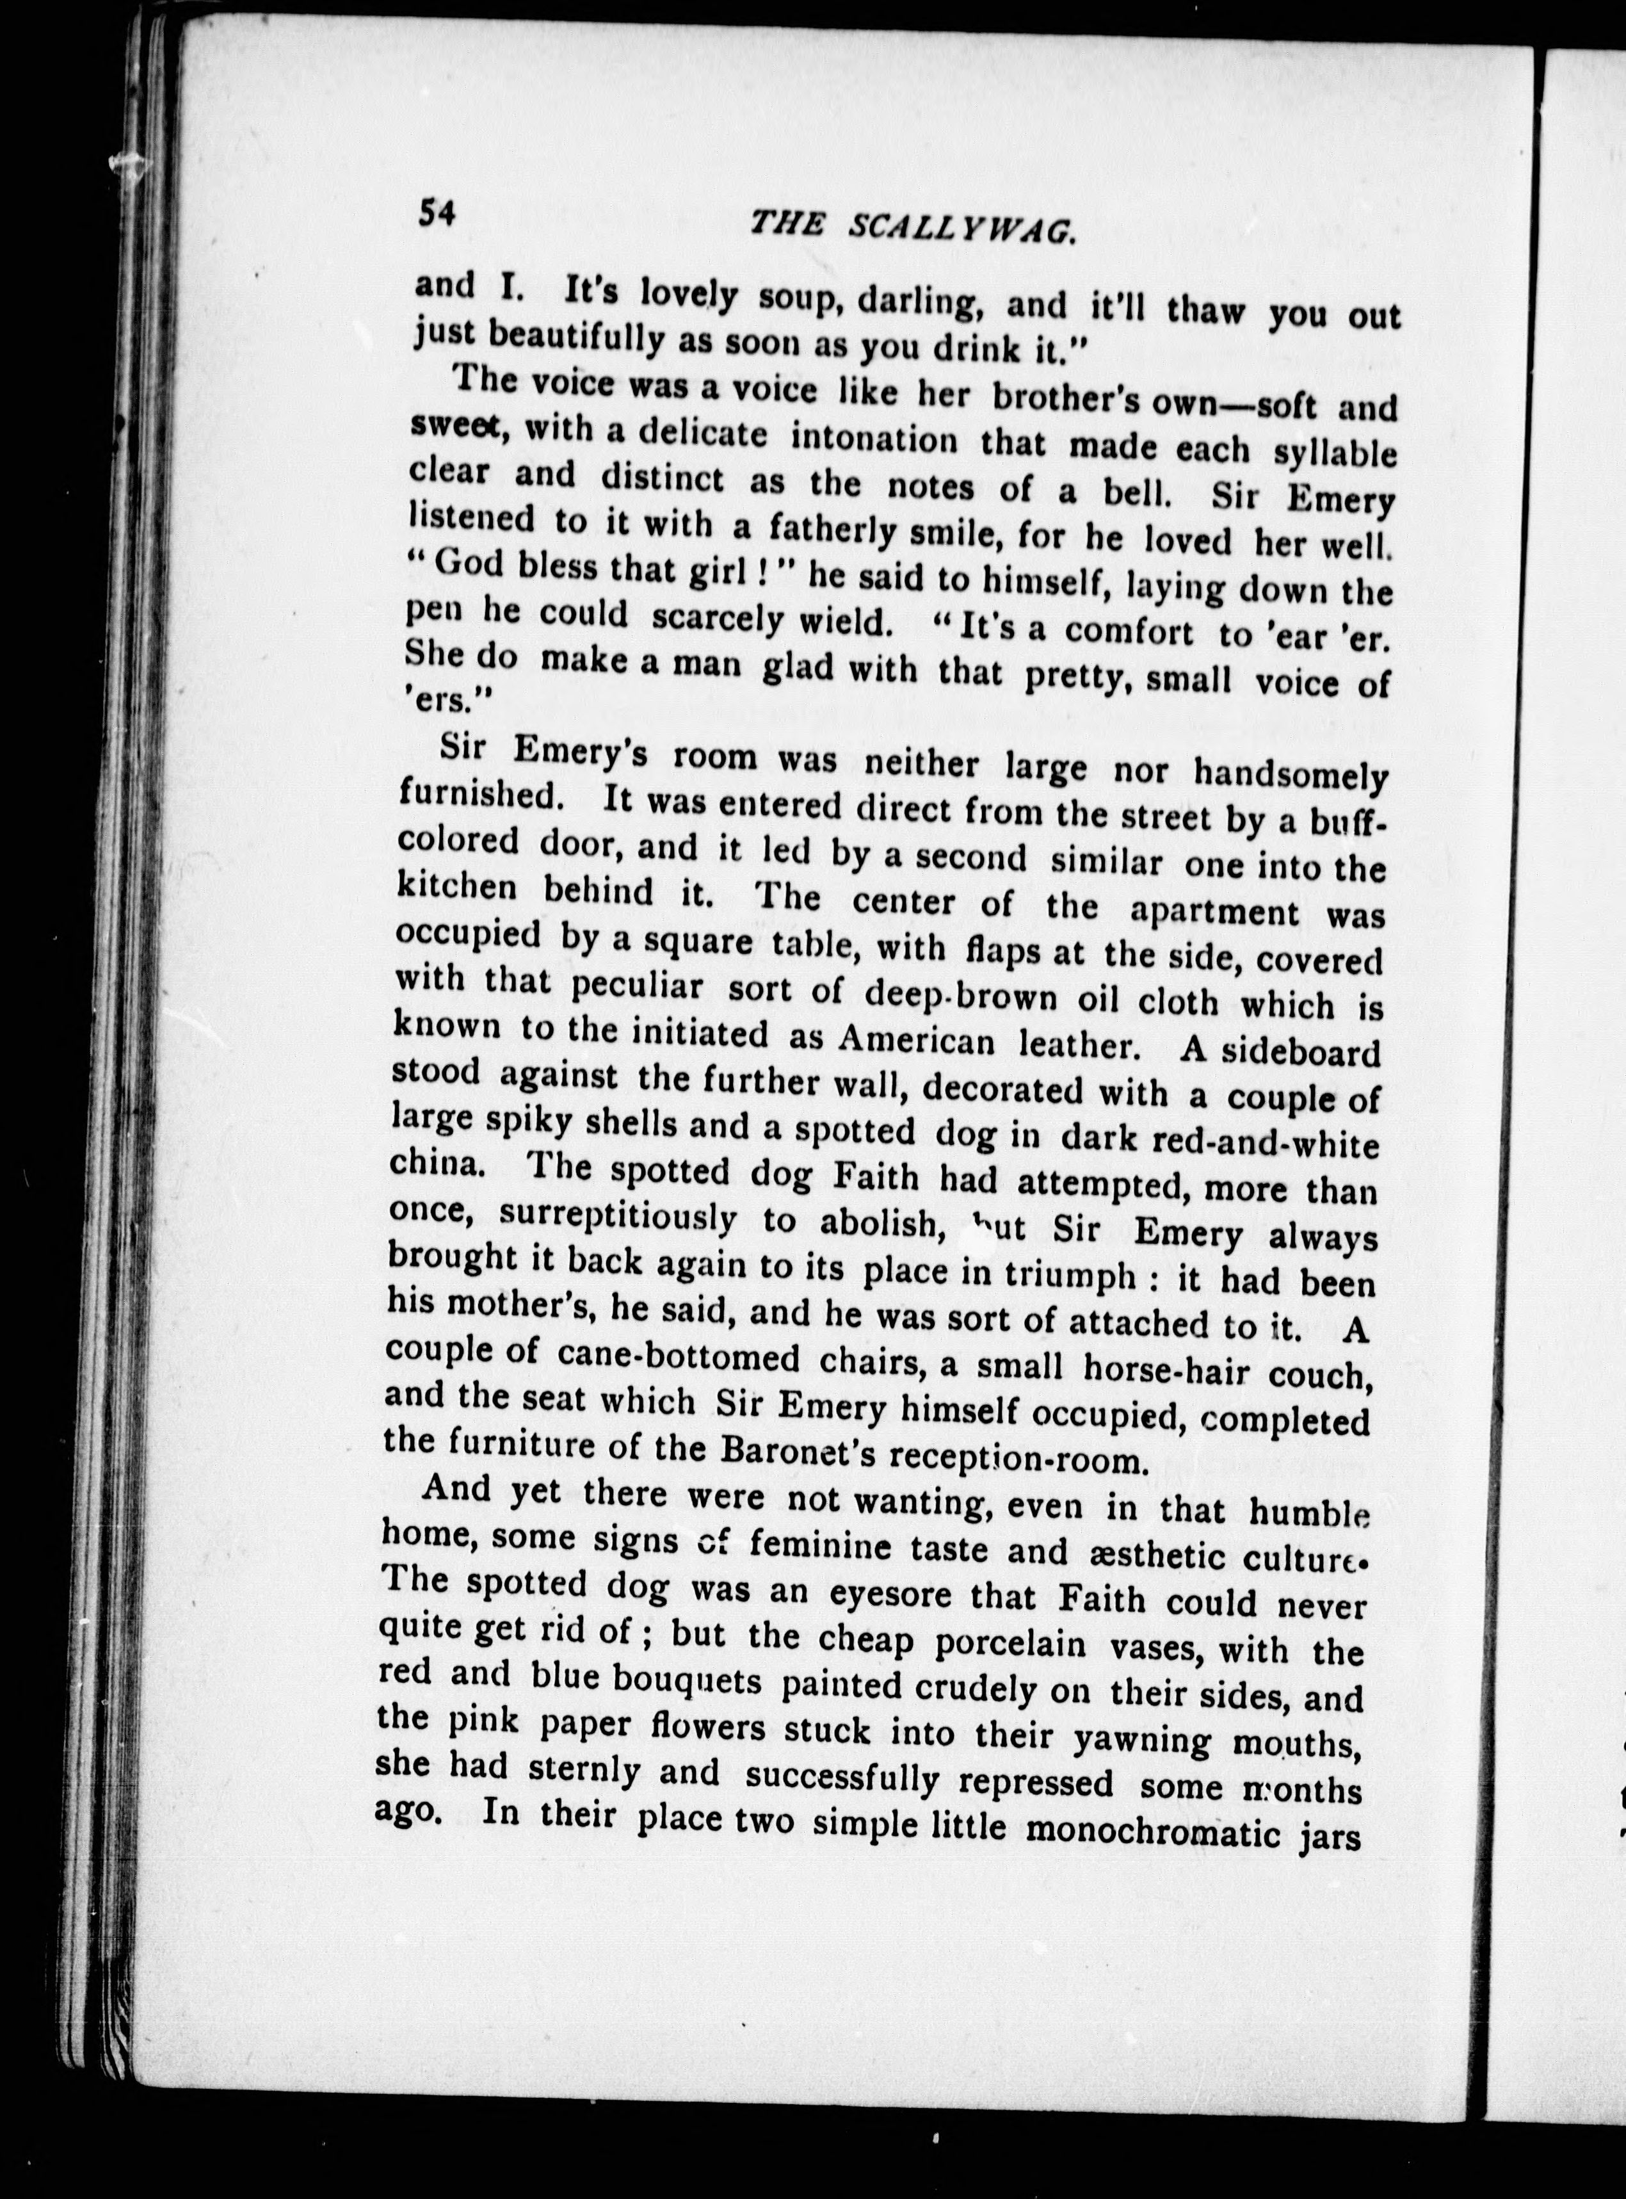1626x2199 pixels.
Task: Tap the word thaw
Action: pyautogui.click(x=1205, y=311)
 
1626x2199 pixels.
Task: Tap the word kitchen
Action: pyautogui.click(x=458, y=888)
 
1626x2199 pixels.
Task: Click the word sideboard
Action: pyautogui.click(x=1301, y=1052)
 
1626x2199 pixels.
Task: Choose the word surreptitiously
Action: pyautogui.click(x=617, y=1219)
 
